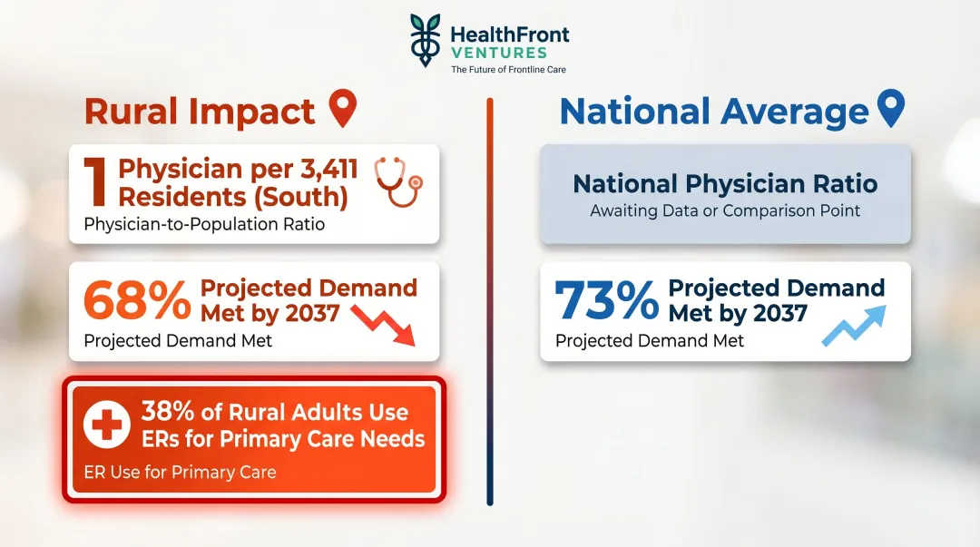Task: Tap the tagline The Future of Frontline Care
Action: click(508, 70)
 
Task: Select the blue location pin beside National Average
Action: click(891, 109)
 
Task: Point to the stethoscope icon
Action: click(399, 181)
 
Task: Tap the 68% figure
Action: click(136, 302)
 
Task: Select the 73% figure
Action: click(606, 302)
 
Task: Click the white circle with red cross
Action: click(106, 425)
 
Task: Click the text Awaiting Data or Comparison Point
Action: click(725, 211)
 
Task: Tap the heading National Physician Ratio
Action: click(725, 184)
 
